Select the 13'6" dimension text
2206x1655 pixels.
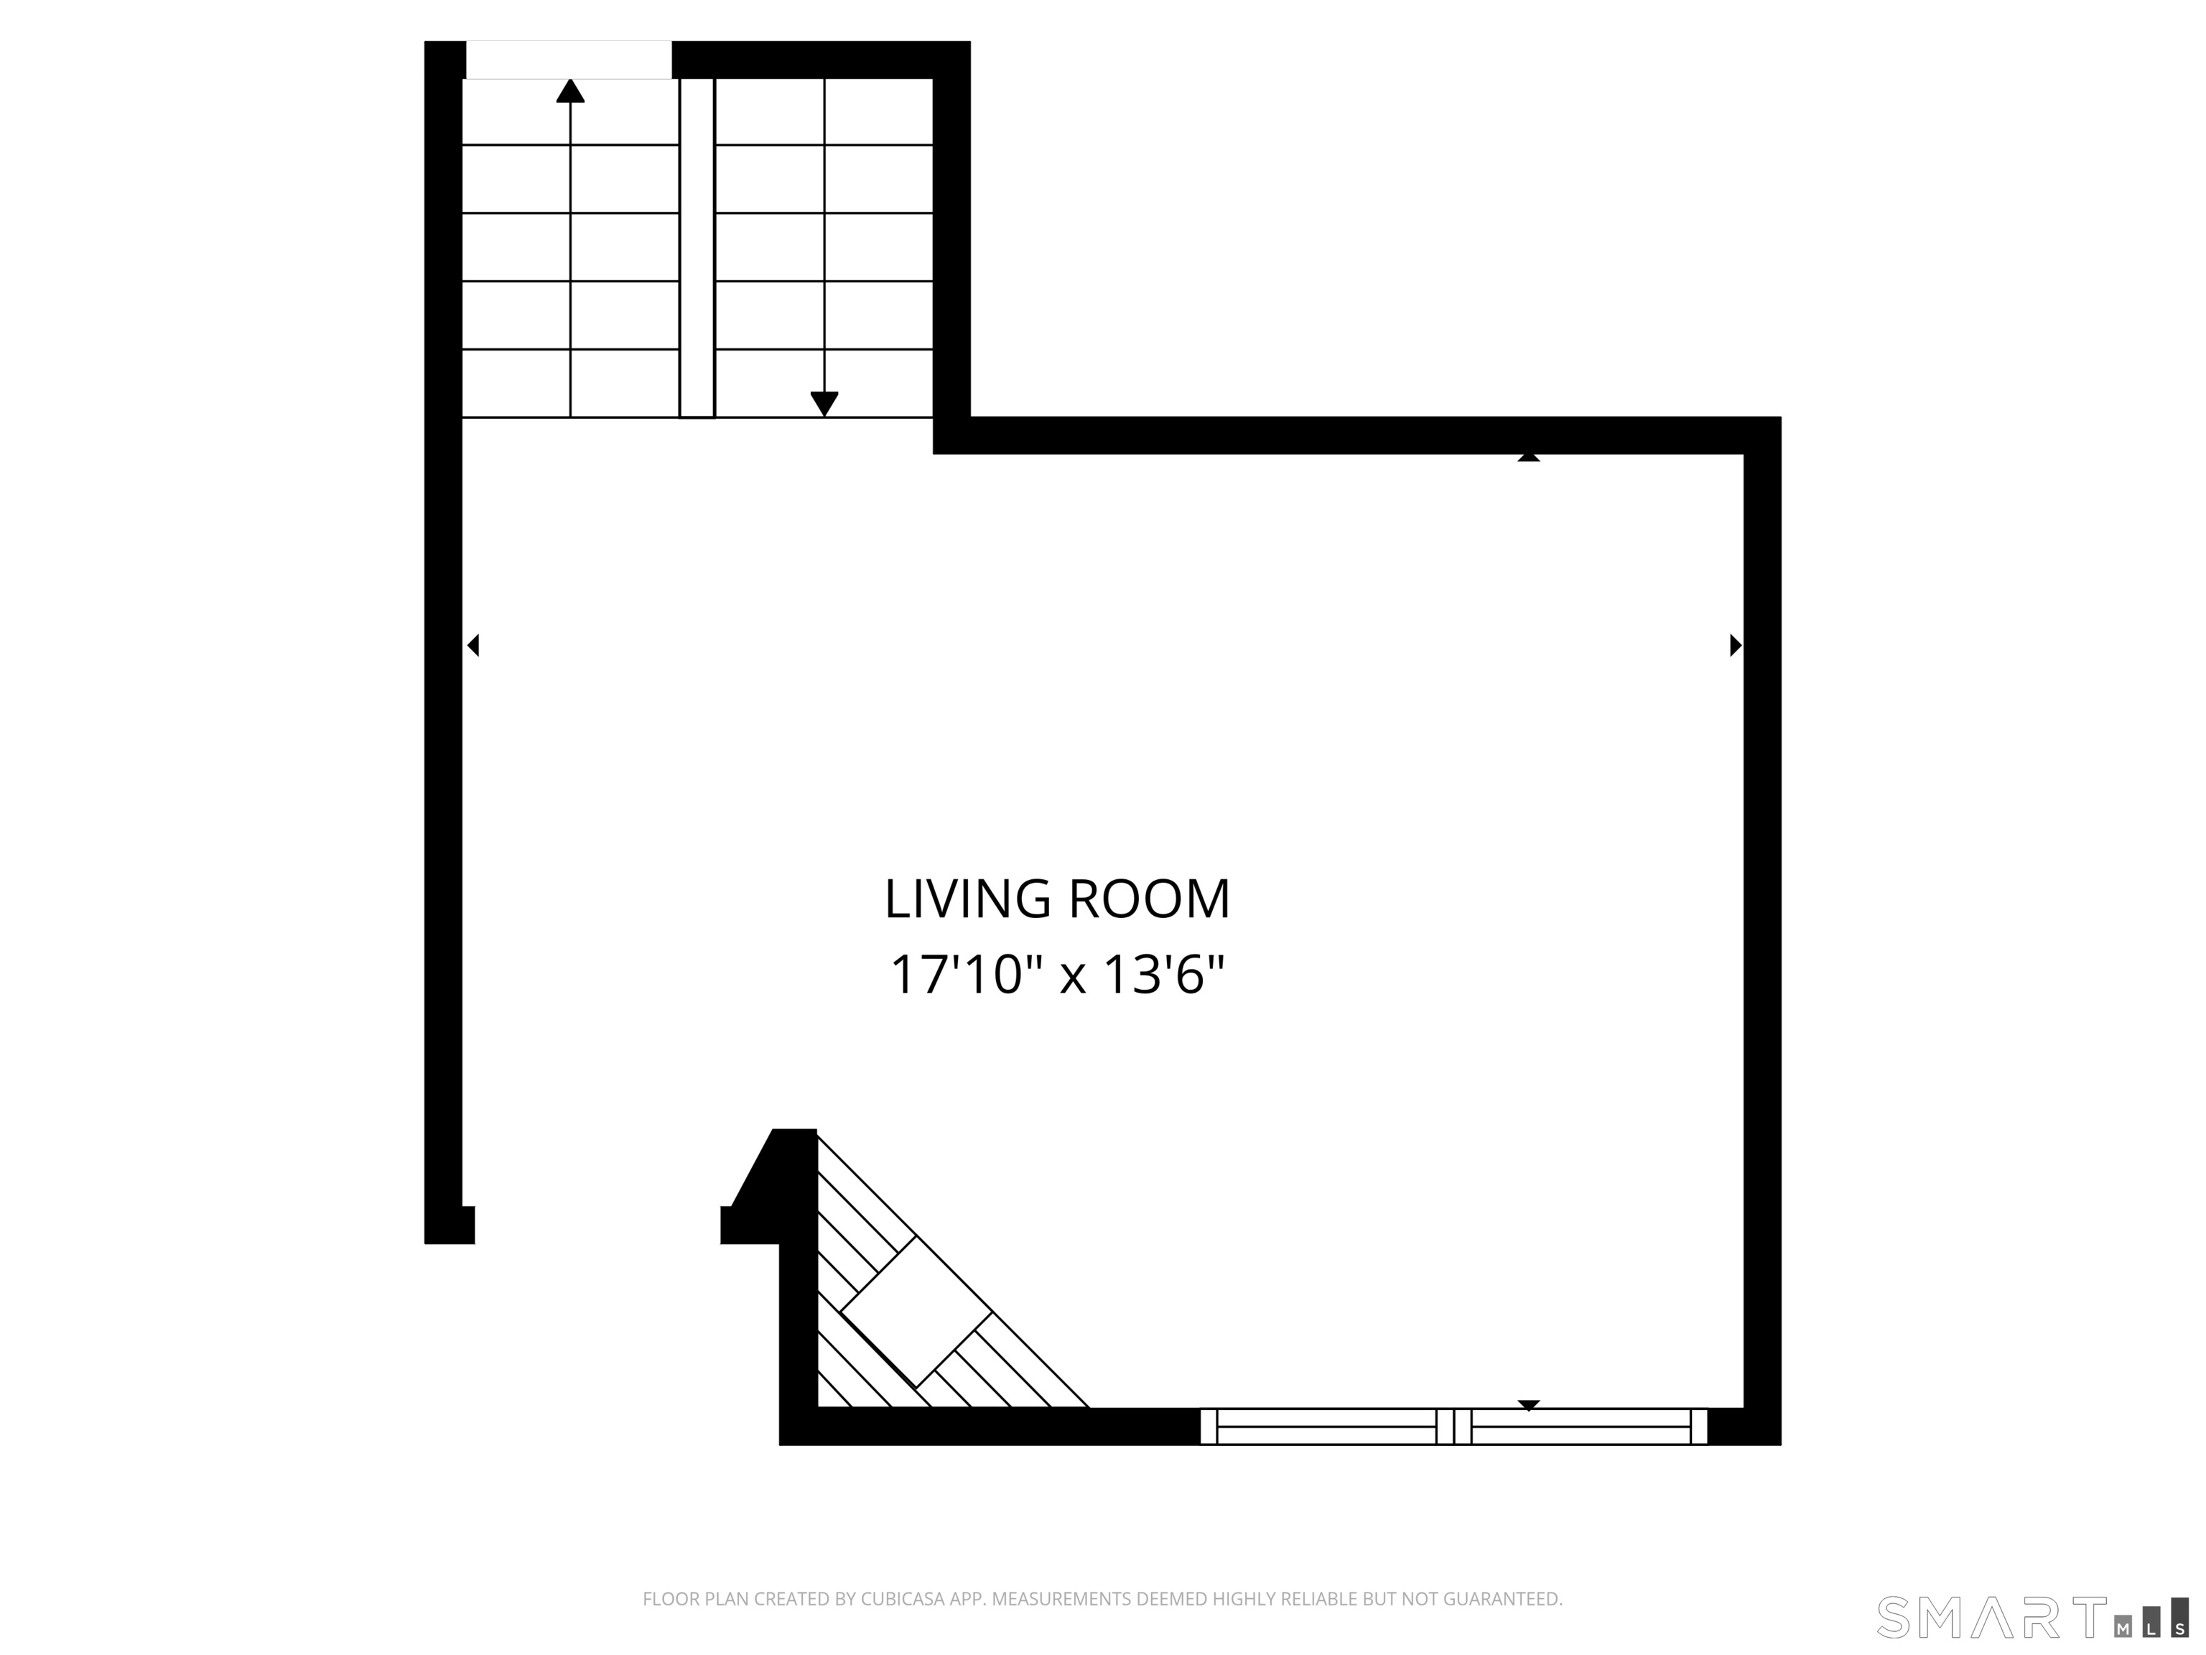click(x=1163, y=975)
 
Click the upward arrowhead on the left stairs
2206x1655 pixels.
click(x=570, y=92)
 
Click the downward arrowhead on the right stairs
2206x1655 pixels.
click(x=824, y=404)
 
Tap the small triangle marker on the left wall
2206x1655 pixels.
click(x=474, y=646)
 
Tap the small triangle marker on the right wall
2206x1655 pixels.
click(x=1734, y=646)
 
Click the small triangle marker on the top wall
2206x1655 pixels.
click(x=1528, y=457)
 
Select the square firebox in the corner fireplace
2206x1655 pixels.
click(x=916, y=1312)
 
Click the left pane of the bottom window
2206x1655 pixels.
click(x=1326, y=1427)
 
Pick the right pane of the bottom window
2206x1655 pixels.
click(x=1581, y=1427)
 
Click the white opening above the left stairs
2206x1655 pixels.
click(x=569, y=59)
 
